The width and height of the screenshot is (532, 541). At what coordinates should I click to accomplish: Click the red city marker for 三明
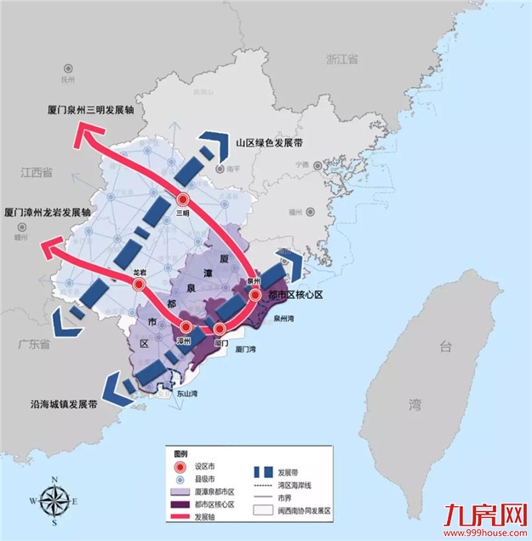[x=180, y=197]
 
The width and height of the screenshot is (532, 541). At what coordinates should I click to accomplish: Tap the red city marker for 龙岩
[x=139, y=285]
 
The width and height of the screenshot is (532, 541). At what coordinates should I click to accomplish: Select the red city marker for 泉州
[x=255, y=296]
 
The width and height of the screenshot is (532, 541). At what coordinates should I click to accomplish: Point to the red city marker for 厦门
[x=220, y=329]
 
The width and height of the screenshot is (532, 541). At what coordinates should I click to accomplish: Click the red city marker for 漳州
[x=185, y=326]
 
